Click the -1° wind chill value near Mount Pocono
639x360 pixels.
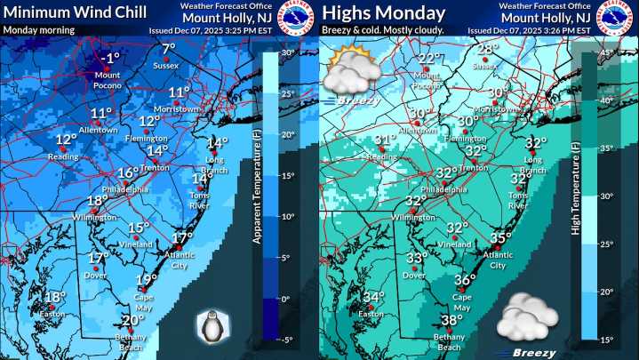tap(110, 59)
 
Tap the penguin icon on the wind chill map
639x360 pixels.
tap(212, 326)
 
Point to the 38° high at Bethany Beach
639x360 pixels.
tap(452, 321)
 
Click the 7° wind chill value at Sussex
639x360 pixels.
tap(168, 49)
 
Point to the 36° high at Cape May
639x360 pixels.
tap(465, 279)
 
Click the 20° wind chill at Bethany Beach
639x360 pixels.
tap(132, 321)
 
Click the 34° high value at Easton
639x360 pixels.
tap(373, 298)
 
